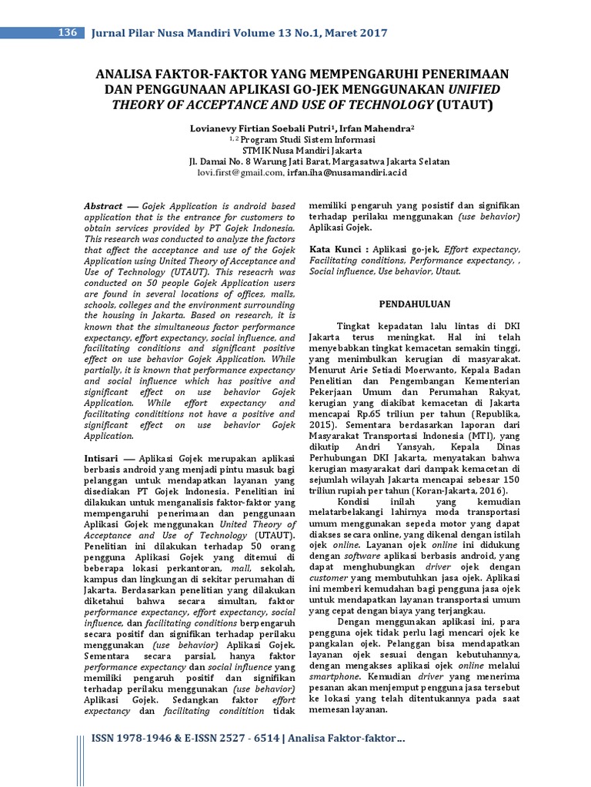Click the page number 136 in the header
[68, 32]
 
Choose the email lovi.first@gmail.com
[239, 174]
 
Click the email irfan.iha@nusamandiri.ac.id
[343, 174]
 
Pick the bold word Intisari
[99, 457]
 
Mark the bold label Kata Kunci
[336, 250]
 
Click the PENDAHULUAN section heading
[414, 304]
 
